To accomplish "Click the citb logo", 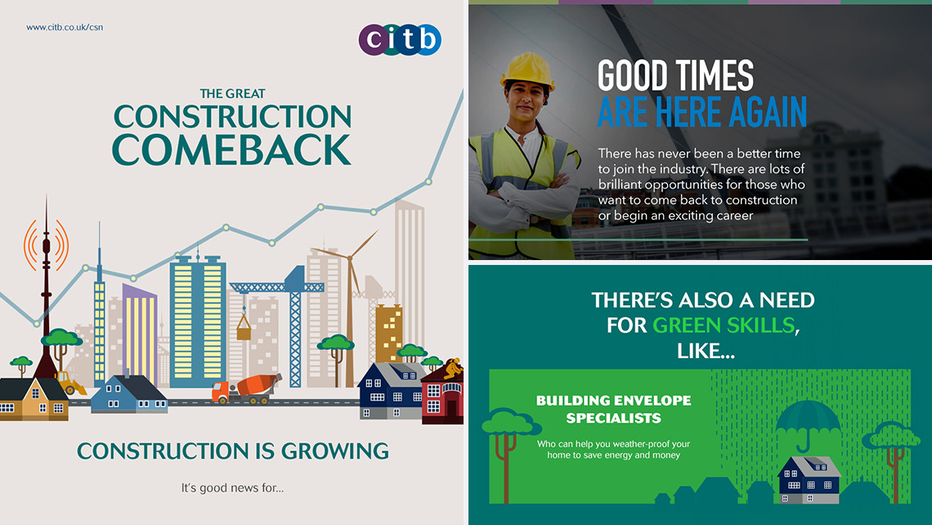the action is [x=400, y=40].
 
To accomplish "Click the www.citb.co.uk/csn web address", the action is [x=65, y=27].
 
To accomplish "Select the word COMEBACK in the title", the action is [x=231, y=150].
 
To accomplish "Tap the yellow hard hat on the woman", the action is [x=527, y=71].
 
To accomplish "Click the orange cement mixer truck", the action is [x=246, y=389].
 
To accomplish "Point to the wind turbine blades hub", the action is [x=350, y=258].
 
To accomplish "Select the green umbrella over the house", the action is [x=807, y=424].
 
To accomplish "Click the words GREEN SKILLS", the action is [x=724, y=325].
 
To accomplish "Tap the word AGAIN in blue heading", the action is [x=768, y=112].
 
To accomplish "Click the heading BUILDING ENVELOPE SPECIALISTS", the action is [x=613, y=409].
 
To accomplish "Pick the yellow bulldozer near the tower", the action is [x=71, y=383].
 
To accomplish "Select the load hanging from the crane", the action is [x=244, y=326].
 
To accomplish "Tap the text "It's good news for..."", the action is [x=232, y=488].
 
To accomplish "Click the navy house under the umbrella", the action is [x=809, y=480].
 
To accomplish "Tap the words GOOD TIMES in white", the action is [x=675, y=75].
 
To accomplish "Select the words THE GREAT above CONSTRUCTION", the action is [x=232, y=93].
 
